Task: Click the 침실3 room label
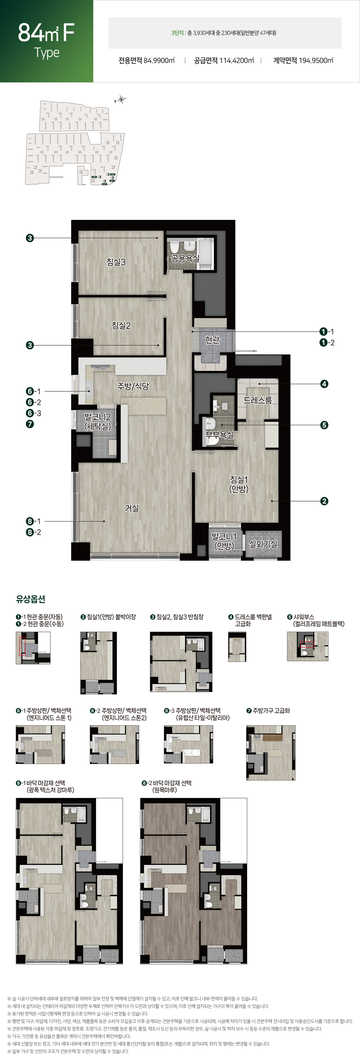click(116, 262)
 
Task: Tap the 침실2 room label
click(121, 325)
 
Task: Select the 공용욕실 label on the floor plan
click(185, 258)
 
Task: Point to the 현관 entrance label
click(212, 340)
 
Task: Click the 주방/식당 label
click(133, 386)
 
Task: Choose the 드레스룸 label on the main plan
click(258, 400)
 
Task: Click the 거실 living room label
click(132, 508)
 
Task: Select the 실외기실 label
click(263, 544)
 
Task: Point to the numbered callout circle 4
click(324, 384)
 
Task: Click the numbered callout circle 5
click(324, 425)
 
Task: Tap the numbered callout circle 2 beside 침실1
click(324, 501)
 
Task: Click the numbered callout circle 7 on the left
click(30, 424)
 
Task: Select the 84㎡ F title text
click(46, 33)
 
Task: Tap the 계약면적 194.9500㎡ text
click(303, 61)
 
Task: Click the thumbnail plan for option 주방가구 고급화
click(271, 753)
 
